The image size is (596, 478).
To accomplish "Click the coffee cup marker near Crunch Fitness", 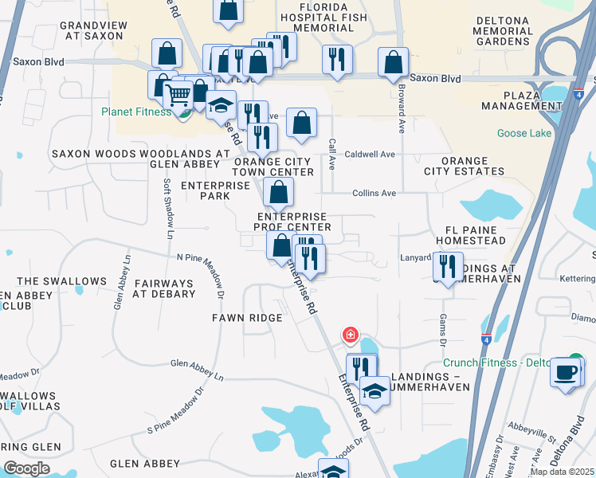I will point(567,372).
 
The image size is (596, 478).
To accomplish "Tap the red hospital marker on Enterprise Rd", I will point(349,335).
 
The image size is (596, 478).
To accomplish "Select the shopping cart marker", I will point(178,96).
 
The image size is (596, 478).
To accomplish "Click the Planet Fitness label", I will point(136,112).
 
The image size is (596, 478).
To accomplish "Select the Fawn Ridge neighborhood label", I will point(247,318).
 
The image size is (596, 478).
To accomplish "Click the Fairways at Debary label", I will point(164,288).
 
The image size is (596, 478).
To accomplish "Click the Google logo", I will point(26,468).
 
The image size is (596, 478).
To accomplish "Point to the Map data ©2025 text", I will point(561,472).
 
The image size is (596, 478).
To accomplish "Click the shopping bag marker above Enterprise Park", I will point(278,192).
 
